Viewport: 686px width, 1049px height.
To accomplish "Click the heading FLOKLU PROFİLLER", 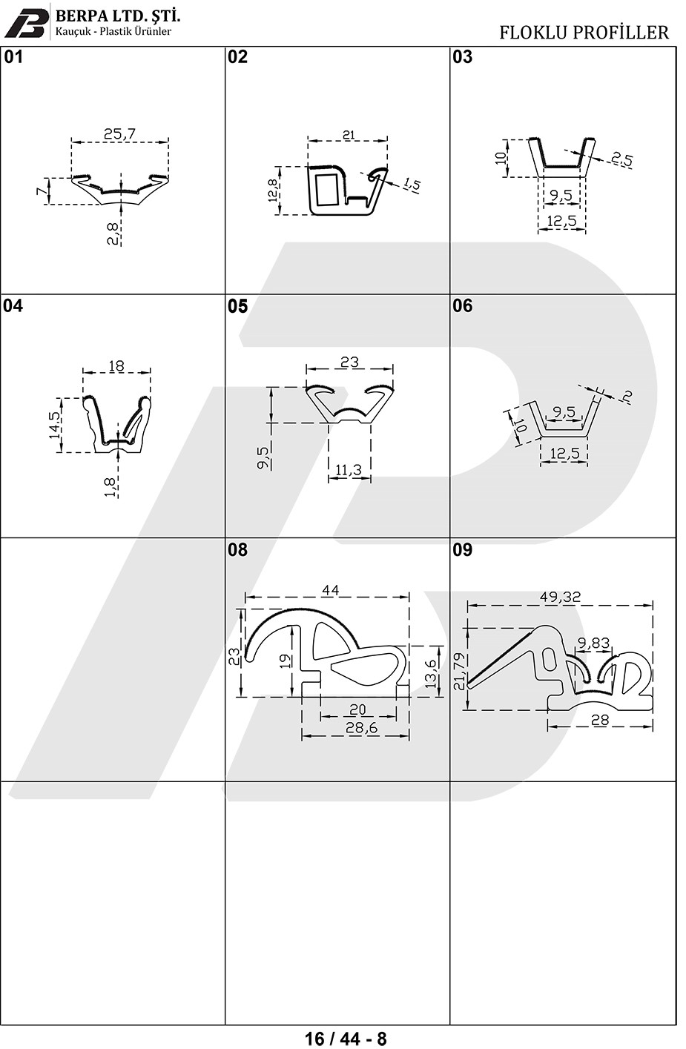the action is (x=584, y=33).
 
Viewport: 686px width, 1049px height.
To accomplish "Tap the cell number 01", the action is (x=13, y=57).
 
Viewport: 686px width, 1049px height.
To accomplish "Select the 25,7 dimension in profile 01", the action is (x=119, y=134).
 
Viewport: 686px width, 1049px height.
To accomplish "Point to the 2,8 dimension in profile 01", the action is (x=113, y=234).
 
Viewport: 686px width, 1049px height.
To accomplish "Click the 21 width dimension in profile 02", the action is (x=348, y=136).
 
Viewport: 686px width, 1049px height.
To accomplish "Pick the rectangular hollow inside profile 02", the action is (x=328, y=189).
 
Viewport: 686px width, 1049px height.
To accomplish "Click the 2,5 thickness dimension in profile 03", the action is (x=621, y=159).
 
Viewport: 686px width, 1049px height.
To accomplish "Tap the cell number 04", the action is (x=13, y=305).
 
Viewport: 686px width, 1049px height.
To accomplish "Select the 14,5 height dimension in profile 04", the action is (x=54, y=425).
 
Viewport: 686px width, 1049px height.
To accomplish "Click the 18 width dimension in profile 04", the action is (x=116, y=365).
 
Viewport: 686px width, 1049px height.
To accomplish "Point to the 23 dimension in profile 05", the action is (x=349, y=362).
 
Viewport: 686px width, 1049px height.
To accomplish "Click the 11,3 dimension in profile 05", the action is (x=349, y=469).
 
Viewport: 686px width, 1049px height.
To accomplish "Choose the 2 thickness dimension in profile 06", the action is (x=627, y=397).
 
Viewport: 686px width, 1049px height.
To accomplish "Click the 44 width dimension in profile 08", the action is (x=330, y=590).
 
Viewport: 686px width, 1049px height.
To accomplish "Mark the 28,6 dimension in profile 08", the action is (x=361, y=728).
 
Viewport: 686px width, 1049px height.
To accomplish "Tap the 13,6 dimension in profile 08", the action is (x=431, y=671).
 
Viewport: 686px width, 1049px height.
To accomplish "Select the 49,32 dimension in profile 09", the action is (x=560, y=597).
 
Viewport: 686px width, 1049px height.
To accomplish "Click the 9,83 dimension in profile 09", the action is (x=594, y=644).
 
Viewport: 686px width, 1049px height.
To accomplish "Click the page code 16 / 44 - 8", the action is (x=346, y=1038).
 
